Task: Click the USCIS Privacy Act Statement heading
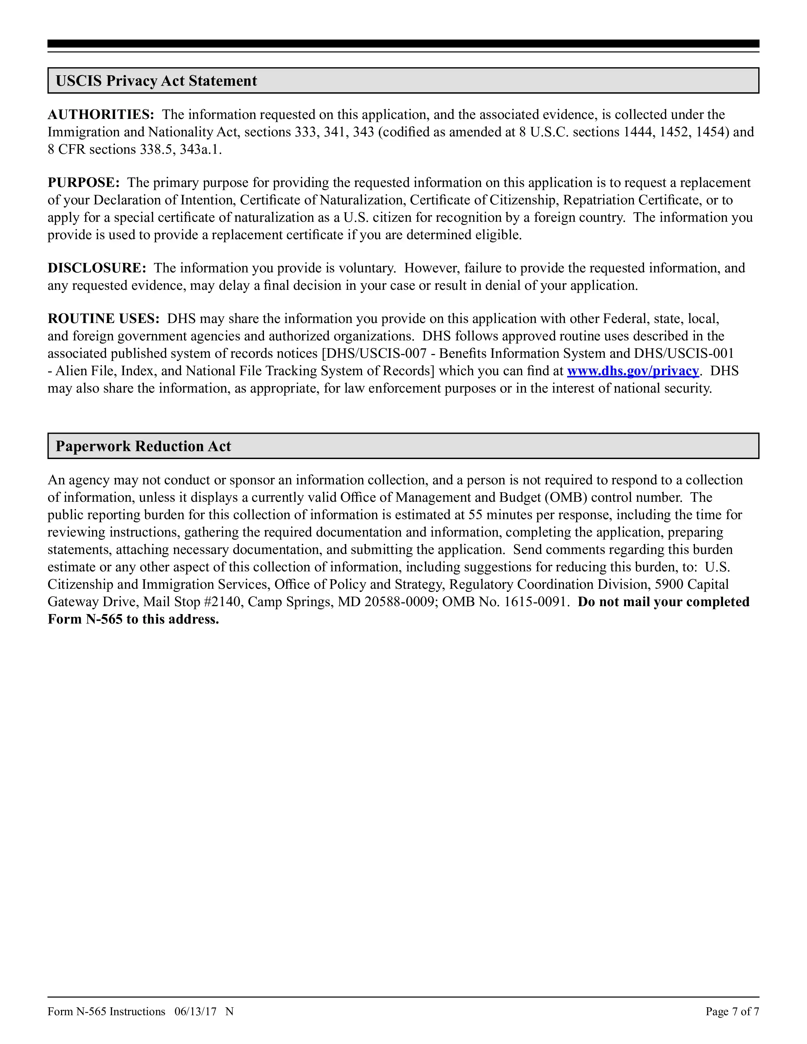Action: (x=156, y=81)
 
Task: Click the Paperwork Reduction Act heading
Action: (x=143, y=446)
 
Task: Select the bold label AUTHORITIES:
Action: (x=100, y=115)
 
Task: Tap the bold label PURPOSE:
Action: (x=83, y=183)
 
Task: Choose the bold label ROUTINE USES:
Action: (x=103, y=319)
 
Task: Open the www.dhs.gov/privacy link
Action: (x=633, y=371)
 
